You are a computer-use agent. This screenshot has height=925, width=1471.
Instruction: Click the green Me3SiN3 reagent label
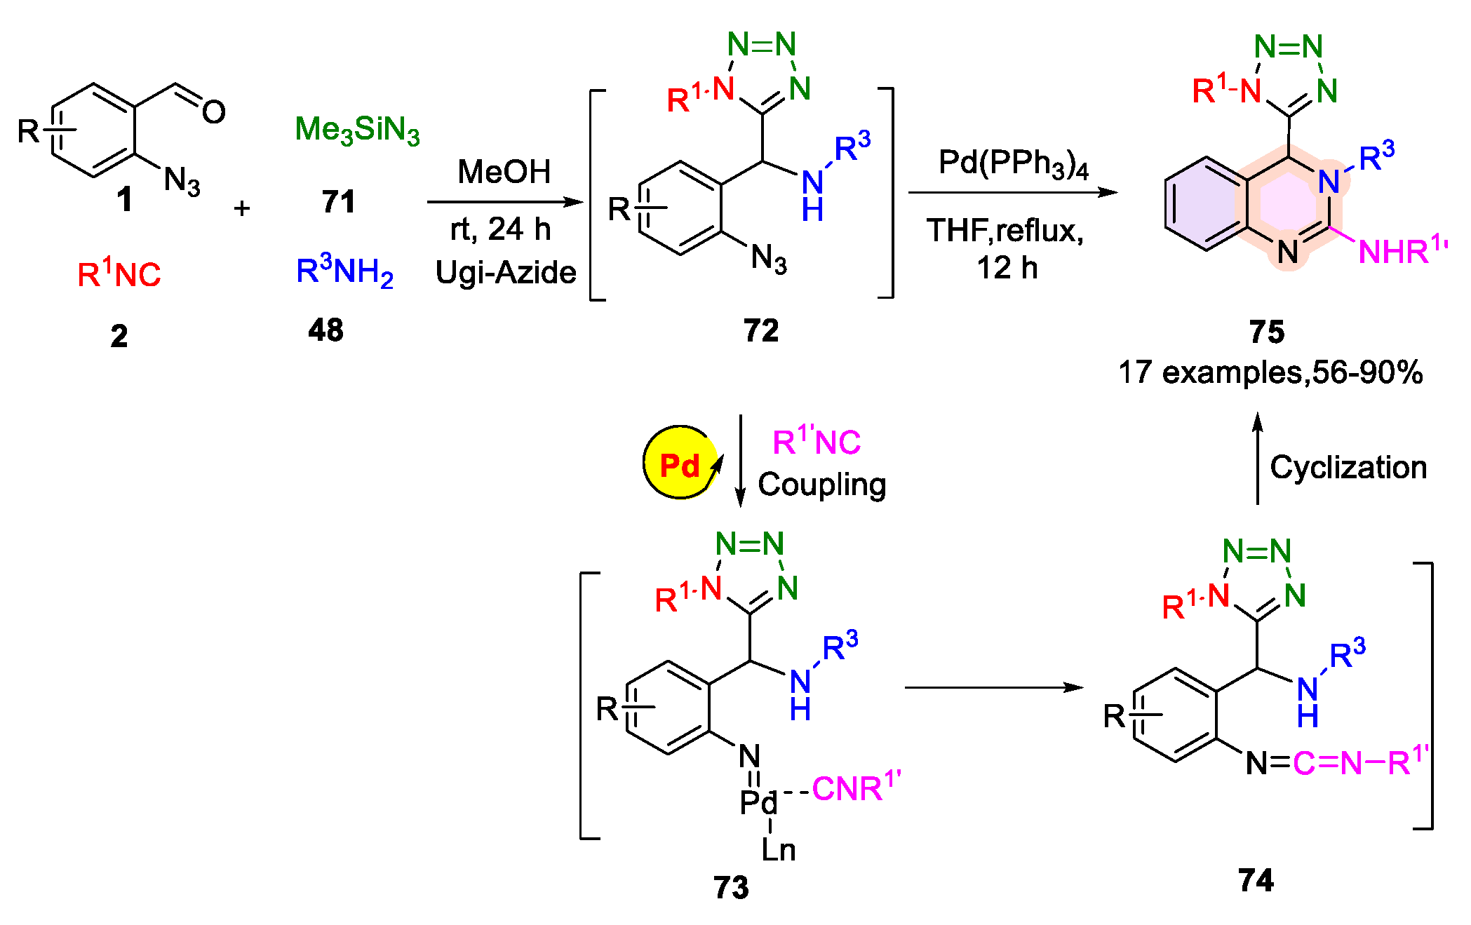tap(357, 130)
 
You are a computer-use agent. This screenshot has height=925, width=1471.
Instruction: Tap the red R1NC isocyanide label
tap(119, 274)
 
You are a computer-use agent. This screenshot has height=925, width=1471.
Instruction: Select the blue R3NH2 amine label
tap(344, 271)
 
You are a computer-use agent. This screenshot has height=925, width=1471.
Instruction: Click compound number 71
tap(339, 202)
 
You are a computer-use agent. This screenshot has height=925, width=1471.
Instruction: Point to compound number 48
tap(326, 330)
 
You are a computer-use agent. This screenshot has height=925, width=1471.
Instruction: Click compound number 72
tap(761, 330)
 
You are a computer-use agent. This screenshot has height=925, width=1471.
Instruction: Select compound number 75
tap(1267, 331)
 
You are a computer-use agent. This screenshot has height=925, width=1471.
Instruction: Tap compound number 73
tap(731, 888)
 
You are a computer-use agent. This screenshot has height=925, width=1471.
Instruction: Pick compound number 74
tap(1256, 880)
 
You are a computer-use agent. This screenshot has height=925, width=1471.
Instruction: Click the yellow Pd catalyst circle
tap(680, 463)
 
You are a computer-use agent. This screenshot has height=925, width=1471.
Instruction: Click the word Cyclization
tap(1348, 467)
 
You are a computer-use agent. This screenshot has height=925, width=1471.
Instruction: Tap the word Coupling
tap(822, 485)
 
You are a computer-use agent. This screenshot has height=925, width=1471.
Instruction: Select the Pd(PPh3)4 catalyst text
tap(1013, 164)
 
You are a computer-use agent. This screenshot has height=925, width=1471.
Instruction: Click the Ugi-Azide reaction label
tap(506, 272)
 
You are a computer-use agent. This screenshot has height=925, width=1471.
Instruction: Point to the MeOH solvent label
tap(504, 172)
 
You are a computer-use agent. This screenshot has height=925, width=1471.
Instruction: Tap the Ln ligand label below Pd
tap(779, 850)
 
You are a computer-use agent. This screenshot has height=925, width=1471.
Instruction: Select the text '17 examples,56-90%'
tap(1270, 372)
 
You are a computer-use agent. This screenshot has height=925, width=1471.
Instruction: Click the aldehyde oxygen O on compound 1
tap(214, 112)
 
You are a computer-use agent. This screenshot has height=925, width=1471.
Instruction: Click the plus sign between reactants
tap(242, 208)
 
